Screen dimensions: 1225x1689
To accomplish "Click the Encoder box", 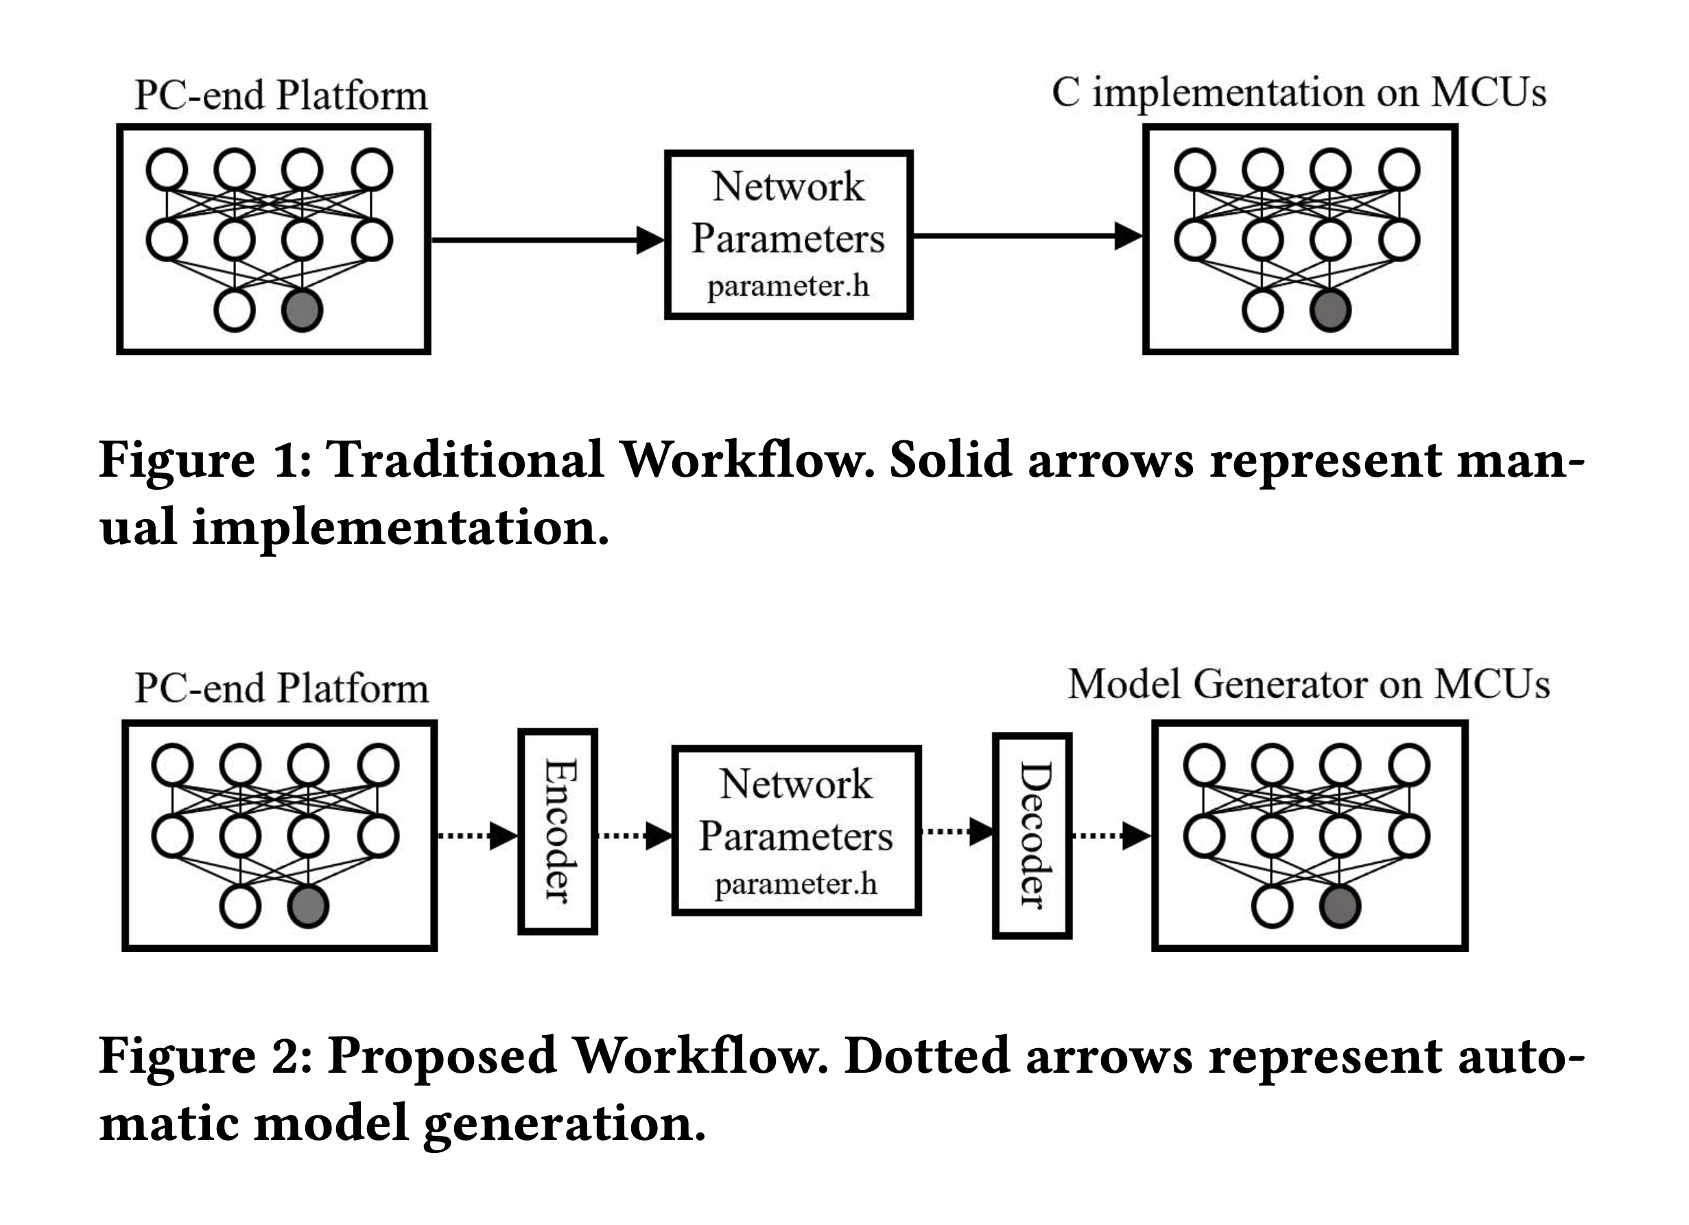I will (x=558, y=831).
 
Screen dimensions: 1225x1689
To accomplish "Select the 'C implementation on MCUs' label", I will (x=1298, y=94).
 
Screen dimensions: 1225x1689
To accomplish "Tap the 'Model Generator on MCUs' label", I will (x=1308, y=685).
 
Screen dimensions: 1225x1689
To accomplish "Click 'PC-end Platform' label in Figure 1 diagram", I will (x=281, y=96).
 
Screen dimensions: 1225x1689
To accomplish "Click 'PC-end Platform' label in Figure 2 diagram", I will (x=281, y=688).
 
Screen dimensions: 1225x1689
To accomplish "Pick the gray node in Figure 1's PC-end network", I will (x=302, y=311).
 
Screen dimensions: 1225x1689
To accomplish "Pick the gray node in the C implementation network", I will (x=1330, y=311).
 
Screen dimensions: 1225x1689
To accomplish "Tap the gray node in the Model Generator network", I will (x=1340, y=907).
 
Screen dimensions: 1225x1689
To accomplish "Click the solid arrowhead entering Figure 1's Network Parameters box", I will (x=650, y=240).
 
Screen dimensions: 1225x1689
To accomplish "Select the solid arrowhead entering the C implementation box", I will (x=1128, y=236).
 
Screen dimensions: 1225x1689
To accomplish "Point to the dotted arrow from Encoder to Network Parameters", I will (x=635, y=835).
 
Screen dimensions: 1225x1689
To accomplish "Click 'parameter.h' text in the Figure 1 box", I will (x=788, y=287).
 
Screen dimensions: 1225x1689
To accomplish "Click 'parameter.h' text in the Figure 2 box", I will (x=795, y=885).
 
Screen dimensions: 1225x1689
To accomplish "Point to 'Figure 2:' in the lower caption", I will (x=205, y=1056).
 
